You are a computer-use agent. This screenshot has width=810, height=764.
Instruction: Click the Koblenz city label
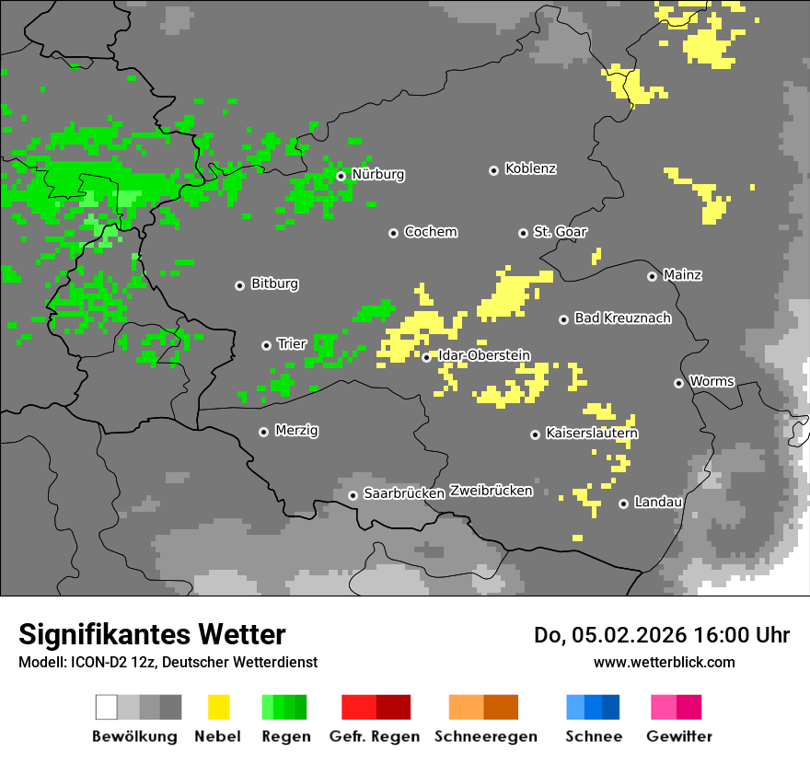[530, 169]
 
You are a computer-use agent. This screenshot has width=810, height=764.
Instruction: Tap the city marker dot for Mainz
[652, 276]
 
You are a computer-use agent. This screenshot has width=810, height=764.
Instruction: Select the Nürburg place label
[377, 175]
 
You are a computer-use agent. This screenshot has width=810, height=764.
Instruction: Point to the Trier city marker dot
[267, 345]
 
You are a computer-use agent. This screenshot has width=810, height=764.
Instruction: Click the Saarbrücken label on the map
[404, 494]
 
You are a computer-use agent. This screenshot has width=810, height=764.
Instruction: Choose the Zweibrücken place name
[492, 491]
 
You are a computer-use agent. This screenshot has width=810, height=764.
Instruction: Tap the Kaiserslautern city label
[592, 434]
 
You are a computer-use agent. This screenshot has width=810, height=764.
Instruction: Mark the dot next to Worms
[678, 383]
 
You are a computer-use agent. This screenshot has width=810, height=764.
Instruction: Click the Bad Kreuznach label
[622, 318]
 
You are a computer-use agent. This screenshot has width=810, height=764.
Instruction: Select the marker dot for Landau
[623, 504]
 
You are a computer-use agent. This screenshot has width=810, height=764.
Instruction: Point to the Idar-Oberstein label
[484, 355]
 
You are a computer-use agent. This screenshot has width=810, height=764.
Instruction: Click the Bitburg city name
[274, 284]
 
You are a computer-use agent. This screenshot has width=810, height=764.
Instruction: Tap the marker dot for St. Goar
[523, 233]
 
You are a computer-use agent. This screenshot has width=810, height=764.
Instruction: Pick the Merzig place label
[296, 431]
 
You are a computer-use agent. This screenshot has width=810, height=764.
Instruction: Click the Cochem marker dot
[393, 233]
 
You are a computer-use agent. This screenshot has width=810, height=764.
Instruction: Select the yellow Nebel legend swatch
[218, 707]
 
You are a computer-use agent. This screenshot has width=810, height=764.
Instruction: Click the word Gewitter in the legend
[678, 736]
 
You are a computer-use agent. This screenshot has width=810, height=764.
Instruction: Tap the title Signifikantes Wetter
[152, 634]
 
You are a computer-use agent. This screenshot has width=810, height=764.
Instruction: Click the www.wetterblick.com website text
[664, 662]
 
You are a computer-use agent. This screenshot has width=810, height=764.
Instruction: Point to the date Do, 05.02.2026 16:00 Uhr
[661, 635]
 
